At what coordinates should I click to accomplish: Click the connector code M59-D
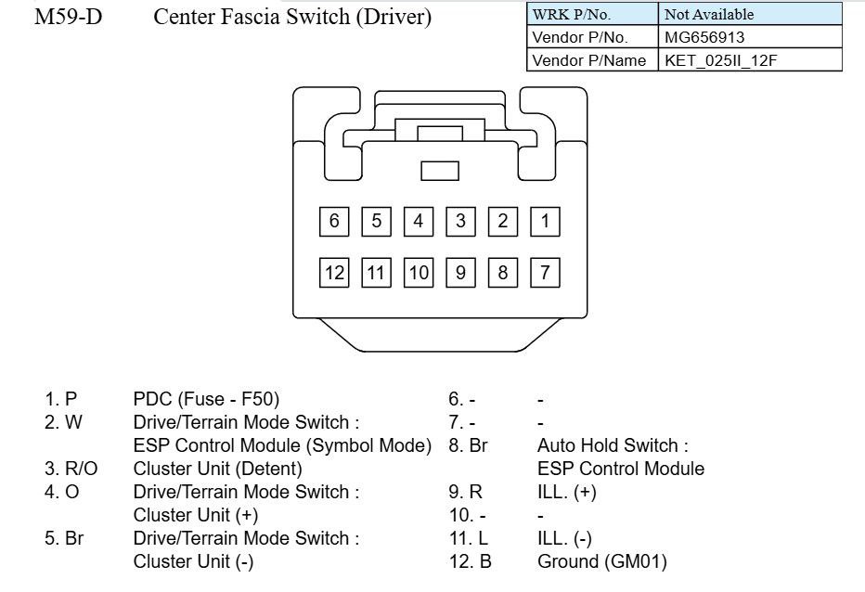click(68, 18)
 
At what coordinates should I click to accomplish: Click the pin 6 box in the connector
click(334, 221)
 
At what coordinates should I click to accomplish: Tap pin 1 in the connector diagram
click(545, 221)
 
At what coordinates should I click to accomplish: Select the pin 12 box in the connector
click(334, 272)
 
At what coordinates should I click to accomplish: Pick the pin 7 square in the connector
click(545, 272)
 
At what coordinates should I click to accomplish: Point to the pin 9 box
click(460, 272)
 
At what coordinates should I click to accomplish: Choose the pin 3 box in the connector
click(460, 221)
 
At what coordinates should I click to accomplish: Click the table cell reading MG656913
click(704, 37)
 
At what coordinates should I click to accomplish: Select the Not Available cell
click(708, 14)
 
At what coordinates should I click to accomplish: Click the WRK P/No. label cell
click(571, 14)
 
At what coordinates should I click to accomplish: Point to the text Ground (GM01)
click(601, 561)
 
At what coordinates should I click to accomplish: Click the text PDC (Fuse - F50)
click(206, 399)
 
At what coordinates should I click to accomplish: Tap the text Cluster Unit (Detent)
click(217, 469)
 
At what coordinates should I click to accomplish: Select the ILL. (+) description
click(566, 492)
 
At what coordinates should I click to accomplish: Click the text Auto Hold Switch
click(613, 445)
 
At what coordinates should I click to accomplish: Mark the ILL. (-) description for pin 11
click(564, 538)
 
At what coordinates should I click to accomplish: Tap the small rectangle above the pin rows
click(440, 171)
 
